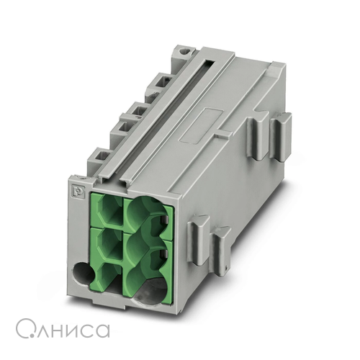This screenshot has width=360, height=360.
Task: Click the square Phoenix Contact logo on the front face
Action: pos(76,189)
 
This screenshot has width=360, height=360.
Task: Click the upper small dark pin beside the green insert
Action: pos(164,219)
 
